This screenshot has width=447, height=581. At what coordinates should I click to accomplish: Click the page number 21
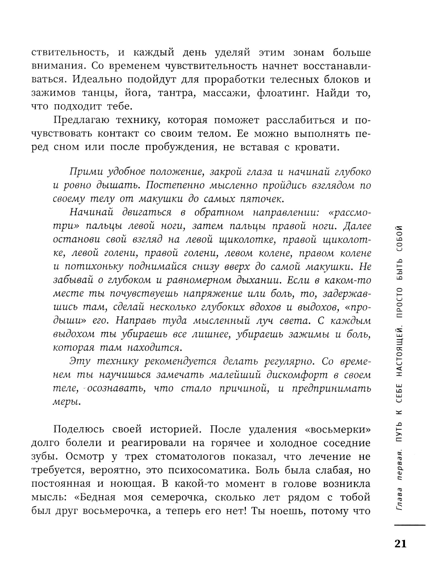click(401, 544)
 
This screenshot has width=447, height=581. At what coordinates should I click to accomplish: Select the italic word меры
click(67, 402)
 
